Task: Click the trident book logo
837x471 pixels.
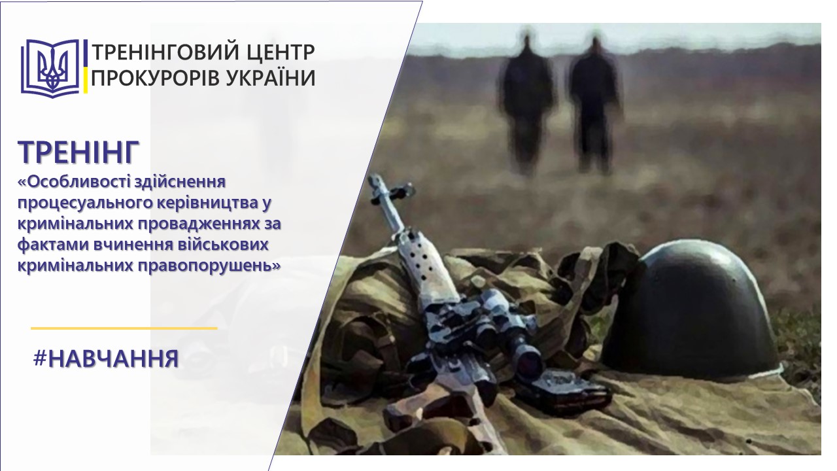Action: [x=50, y=68]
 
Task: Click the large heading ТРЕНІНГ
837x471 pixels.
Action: [x=78, y=152]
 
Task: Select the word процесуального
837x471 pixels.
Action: [x=83, y=203]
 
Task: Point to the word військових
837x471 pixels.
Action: [x=222, y=245]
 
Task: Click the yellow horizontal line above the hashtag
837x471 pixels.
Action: [x=124, y=328]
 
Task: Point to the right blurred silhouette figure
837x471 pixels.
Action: [x=594, y=103]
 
